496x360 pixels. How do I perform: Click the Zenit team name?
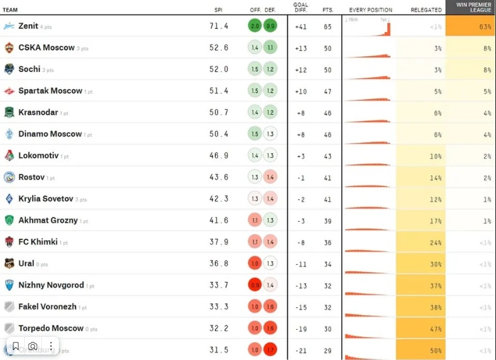tap(29, 26)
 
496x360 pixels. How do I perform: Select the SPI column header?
tap(218, 10)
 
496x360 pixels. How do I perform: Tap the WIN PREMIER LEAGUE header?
tap(470, 7)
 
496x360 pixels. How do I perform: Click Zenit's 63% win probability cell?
tap(470, 26)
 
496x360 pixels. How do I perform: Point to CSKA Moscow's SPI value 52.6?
tap(219, 48)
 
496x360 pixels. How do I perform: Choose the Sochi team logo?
tap(9, 69)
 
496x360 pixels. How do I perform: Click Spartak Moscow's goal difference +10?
tap(301, 91)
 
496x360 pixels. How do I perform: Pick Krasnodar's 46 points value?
tap(328, 113)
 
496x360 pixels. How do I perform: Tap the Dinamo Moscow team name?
tap(50, 134)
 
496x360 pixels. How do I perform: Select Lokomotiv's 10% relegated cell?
tap(420, 156)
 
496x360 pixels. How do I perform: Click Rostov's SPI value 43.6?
tap(219, 177)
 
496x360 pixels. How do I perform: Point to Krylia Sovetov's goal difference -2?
tap(301, 199)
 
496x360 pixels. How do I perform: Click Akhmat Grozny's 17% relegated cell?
tap(420, 220)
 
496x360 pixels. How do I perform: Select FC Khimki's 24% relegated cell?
tap(420, 242)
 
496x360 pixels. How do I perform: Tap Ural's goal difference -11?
tap(301, 264)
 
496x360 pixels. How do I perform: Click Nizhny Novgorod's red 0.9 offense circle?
tap(255, 285)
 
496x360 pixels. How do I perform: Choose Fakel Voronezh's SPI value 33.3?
tap(219, 307)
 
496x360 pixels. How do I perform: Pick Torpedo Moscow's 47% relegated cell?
tap(420, 328)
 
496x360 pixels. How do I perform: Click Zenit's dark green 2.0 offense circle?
tap(255, 26)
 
